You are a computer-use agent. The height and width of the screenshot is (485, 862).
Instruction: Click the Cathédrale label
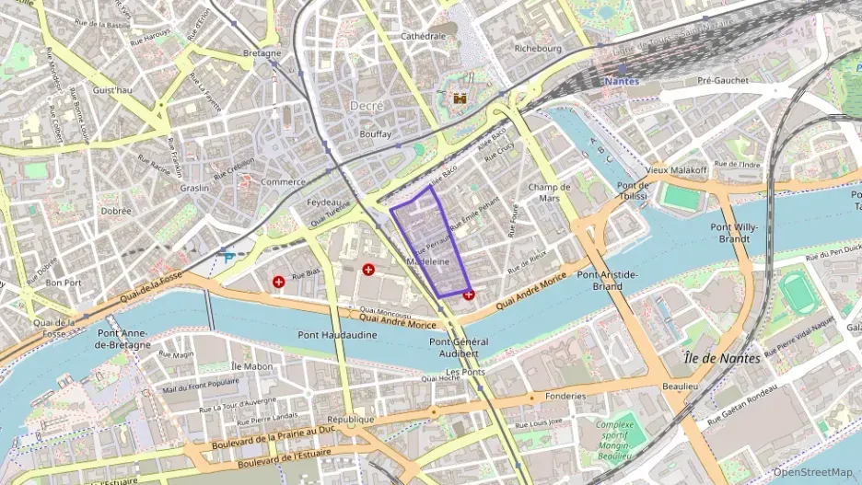(423, 36)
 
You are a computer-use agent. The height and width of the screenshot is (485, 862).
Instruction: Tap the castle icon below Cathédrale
(460, 97)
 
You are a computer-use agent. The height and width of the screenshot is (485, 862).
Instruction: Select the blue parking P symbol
(227, 260)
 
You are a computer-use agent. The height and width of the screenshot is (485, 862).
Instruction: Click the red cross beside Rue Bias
(278, 281)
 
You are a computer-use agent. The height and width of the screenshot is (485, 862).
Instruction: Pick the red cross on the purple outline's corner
(470, 294)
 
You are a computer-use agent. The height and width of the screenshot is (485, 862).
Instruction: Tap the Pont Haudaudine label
(337, 335)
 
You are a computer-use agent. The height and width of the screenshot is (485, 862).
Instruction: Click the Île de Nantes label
(723, 358)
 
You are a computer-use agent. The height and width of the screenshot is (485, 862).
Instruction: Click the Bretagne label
(262, 53)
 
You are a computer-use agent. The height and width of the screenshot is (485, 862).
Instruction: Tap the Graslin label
(194, 188)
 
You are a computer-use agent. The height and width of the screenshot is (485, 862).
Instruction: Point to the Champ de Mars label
(550, 192)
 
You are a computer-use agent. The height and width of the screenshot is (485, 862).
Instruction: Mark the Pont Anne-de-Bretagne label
(123, 339)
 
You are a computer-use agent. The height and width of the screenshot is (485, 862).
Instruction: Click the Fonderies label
(565, 396)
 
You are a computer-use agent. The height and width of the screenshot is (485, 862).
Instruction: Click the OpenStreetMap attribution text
(812, 472)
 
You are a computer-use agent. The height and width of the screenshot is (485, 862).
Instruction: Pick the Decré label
(367, 106)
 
